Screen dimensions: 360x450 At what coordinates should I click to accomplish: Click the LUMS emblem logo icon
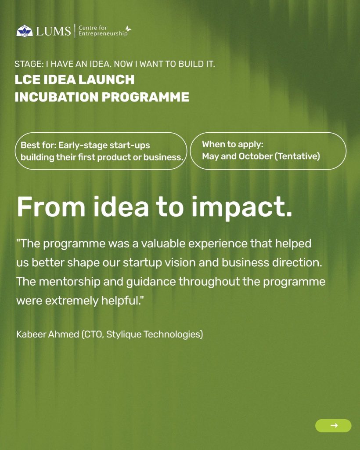pos(24,31)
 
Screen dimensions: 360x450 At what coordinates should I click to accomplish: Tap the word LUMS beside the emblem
pos(53,31)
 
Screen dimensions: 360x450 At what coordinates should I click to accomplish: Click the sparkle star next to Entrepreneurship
pos(128,29)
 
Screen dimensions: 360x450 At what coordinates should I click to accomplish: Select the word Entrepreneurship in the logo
pos(103,33)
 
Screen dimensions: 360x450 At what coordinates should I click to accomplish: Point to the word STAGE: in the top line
pos(29,64)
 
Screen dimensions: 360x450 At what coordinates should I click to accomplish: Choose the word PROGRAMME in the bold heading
pos(145,97)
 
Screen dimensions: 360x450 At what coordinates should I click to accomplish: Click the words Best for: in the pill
pos(38,145)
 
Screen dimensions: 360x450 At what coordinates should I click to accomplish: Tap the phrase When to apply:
pos(232,144)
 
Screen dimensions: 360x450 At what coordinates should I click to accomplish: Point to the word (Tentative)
pos(297,156)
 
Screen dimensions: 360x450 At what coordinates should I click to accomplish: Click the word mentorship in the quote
pos(69,282)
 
